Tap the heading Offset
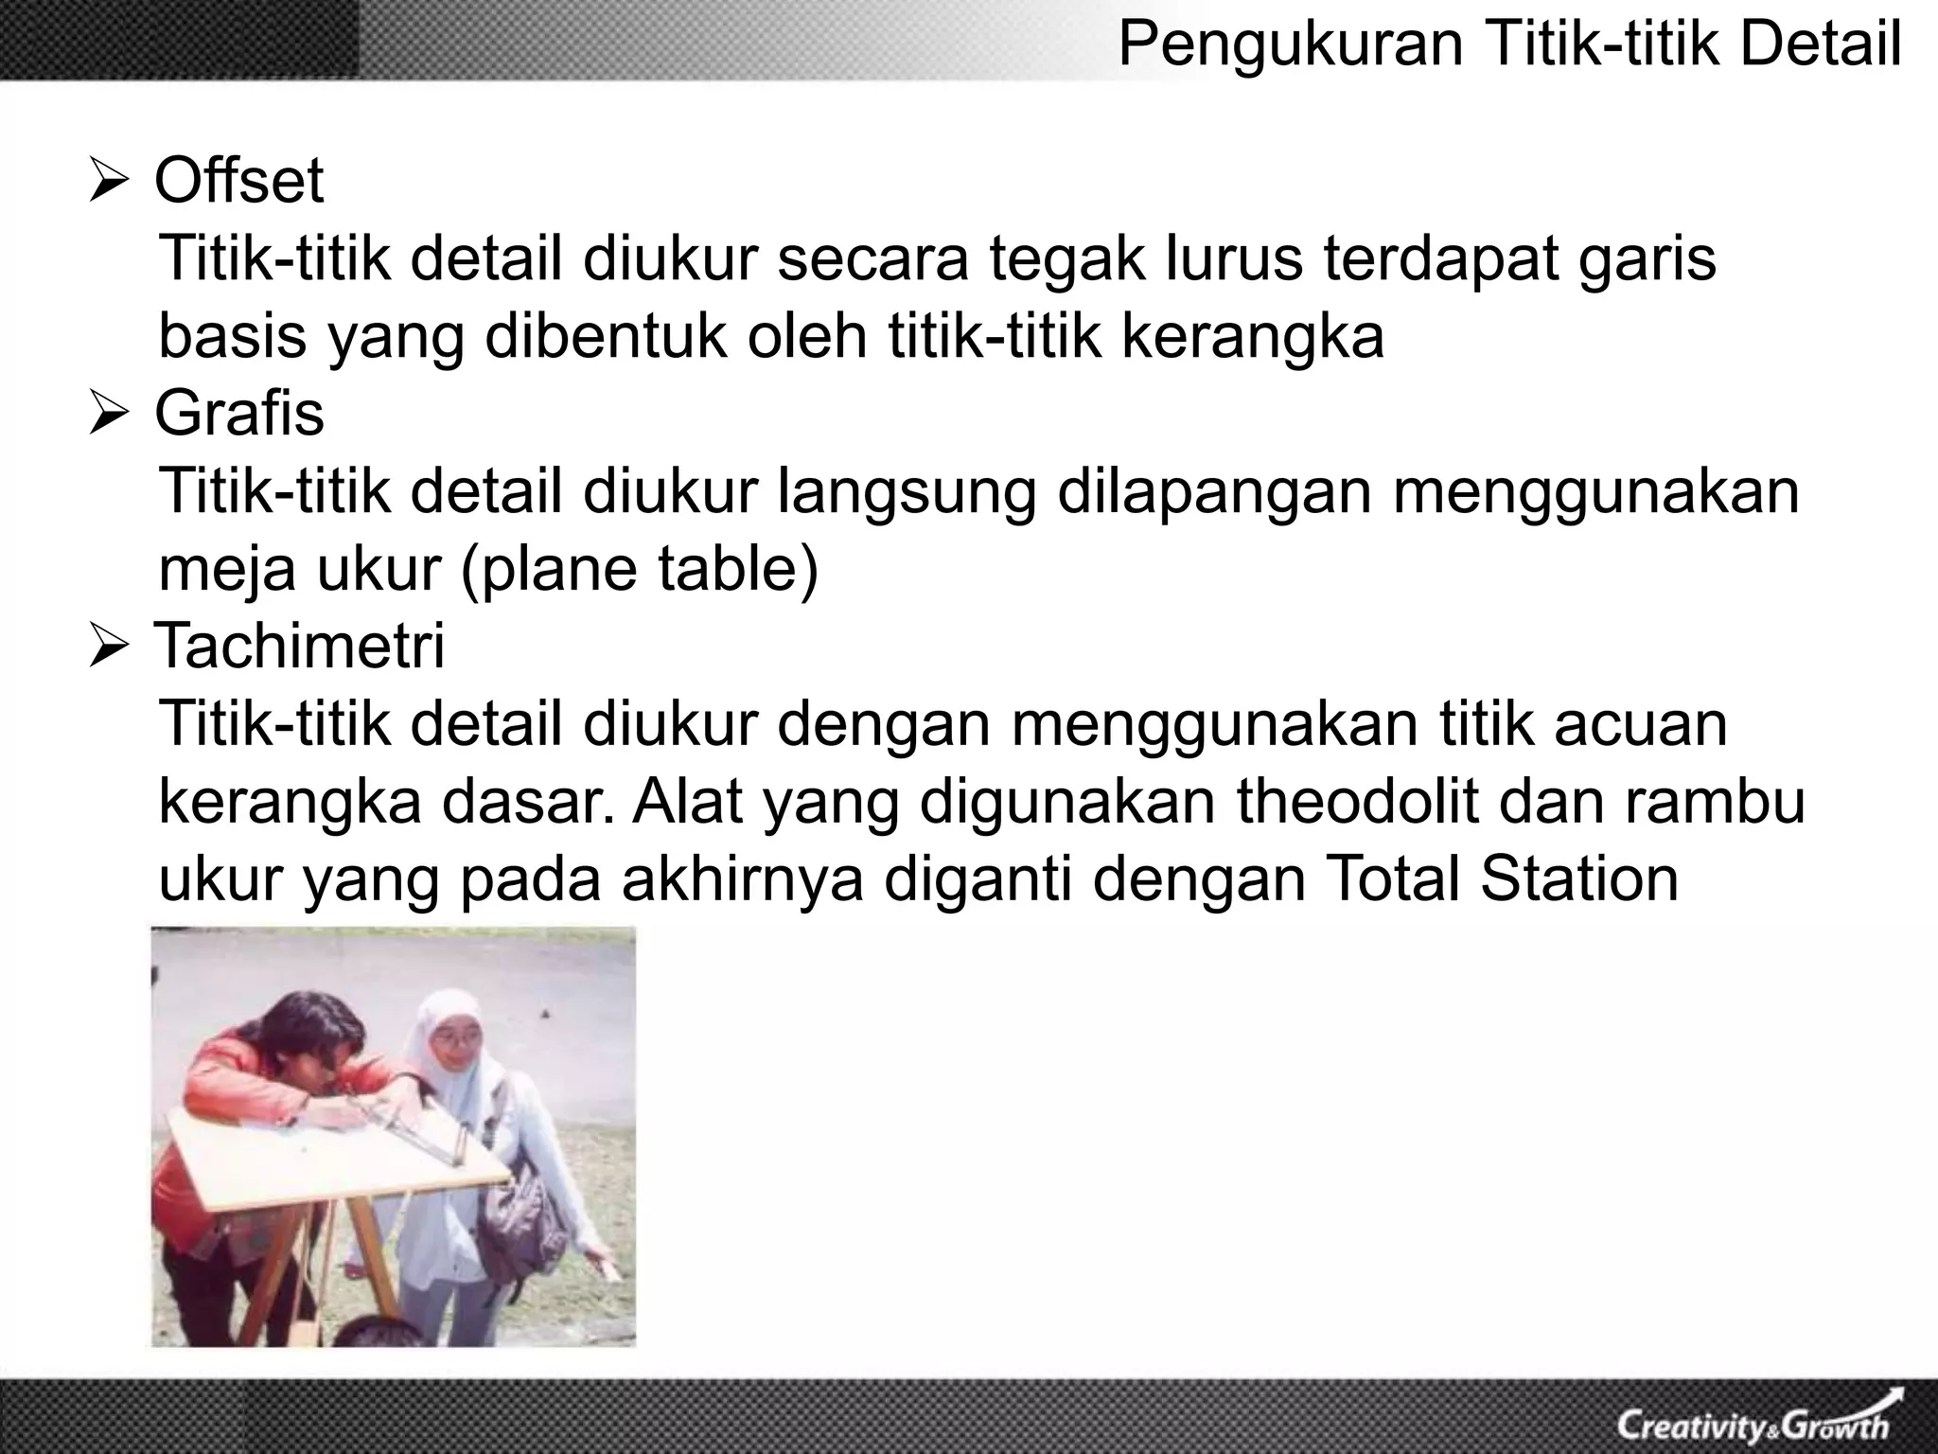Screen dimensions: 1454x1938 [238, 181]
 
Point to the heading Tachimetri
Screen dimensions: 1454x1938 [298, 647]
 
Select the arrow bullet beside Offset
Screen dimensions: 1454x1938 [113, 183]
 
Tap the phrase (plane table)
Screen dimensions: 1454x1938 [639, 569]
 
